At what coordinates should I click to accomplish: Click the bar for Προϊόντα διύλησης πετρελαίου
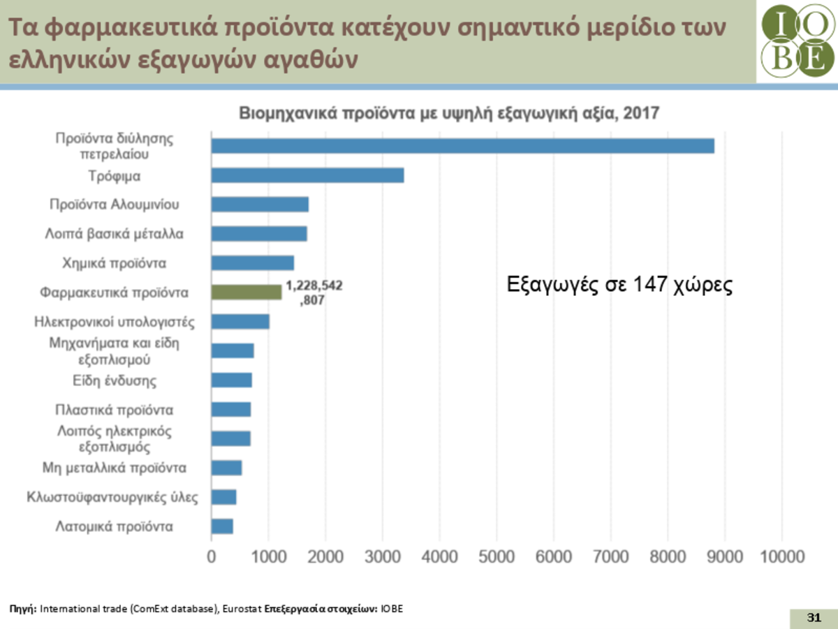tap(462, 146)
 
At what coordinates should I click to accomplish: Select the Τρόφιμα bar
tap(307, 175)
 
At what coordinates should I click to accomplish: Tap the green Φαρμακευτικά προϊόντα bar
tap(246, 293)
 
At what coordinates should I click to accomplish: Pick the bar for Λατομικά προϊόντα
tap(222, 526)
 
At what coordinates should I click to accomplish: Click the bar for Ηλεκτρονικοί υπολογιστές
tap(240, 322)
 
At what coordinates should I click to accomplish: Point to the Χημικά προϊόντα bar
tap(252, 263)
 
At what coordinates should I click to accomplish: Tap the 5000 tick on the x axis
tap(497, 557)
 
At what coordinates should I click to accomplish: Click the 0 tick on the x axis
tap(212, 557)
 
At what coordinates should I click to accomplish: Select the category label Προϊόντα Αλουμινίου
tap(115, 205)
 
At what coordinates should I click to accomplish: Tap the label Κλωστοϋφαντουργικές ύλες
tap(112, 497)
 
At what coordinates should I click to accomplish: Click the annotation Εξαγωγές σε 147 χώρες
tap(619, 285)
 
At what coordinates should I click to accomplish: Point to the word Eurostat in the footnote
tap(243, 609)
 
